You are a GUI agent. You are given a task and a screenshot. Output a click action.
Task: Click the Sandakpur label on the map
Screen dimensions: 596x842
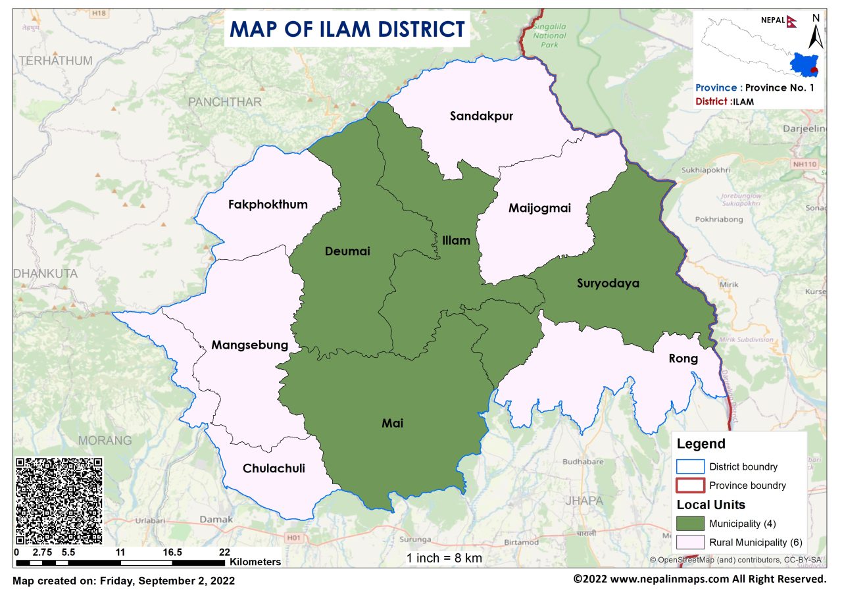(481, 116)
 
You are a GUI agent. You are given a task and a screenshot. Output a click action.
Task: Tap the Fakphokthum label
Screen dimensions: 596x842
(268, 204)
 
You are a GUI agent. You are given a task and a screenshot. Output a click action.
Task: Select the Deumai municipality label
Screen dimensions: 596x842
(347, 251)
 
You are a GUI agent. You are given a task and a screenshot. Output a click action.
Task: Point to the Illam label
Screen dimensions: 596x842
(456, 240)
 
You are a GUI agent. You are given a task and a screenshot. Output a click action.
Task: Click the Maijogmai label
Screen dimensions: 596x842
(539, 209)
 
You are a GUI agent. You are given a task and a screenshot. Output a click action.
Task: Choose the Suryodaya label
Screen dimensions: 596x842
(608, 284)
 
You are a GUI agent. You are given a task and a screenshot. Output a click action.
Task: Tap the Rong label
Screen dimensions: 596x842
(683, 359)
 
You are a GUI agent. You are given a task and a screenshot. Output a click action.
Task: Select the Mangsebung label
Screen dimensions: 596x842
(249, 345)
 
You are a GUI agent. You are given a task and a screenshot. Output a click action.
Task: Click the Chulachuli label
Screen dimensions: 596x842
(274, 468)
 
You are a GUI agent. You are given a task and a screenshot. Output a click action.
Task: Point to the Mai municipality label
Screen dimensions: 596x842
(393, 424)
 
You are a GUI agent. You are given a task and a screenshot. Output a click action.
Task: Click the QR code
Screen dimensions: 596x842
(59, 501)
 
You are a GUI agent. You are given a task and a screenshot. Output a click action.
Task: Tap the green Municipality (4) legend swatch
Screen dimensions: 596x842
(690, 524)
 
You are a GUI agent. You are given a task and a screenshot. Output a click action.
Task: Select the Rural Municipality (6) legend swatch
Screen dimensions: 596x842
(690, 543)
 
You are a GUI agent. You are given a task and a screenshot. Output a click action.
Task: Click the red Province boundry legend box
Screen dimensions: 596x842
(690, 485)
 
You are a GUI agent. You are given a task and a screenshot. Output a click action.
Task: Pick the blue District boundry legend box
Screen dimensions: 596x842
(690, 466)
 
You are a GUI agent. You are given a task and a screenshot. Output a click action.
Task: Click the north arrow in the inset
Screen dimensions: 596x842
(814, 33)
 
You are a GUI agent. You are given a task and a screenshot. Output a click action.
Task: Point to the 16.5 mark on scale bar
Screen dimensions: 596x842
(172, 553)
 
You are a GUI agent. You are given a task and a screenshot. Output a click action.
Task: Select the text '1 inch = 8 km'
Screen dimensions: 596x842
(444, 558)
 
